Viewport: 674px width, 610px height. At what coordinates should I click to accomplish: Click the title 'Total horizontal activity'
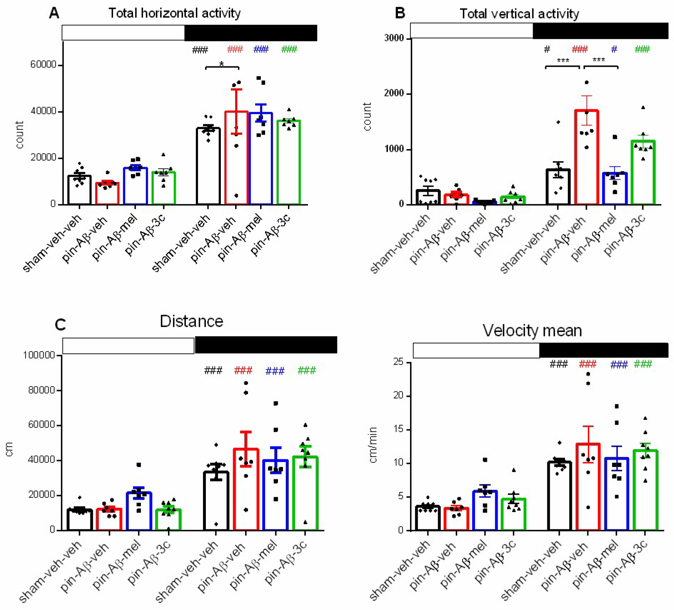click(174, 13)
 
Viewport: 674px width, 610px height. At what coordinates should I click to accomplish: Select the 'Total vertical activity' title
click(519, 14)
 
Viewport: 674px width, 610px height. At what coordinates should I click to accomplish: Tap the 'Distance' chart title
click(191, 321)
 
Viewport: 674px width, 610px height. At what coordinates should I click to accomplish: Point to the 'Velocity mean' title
click(532, 330)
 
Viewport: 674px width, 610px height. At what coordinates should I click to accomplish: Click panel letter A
click(54, 13)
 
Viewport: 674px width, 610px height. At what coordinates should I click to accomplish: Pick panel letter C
click(60, 325)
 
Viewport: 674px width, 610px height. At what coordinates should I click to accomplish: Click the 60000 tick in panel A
click(43, 65)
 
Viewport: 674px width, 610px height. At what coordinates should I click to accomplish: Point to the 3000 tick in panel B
click(394, 38)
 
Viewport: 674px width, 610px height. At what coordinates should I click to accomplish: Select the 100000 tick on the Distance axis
click(39, 355)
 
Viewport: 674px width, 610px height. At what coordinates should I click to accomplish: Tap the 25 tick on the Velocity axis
click(398, 362)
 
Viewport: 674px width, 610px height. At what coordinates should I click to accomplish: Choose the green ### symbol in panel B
click(642, 49)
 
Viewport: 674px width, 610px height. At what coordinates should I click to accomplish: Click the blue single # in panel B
click(614, 49)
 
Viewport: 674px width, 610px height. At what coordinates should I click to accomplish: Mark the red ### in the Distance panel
click(243, 370)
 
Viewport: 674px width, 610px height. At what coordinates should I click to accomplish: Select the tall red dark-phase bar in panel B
click(586, 157)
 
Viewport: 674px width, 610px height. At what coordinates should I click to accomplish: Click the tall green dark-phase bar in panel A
click(289, 162)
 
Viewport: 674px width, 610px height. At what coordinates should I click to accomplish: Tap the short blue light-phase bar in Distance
click(139, 511)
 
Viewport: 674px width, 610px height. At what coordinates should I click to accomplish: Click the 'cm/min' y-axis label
click(373, 445)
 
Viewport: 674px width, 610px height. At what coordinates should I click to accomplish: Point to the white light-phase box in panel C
click(128, 346)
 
